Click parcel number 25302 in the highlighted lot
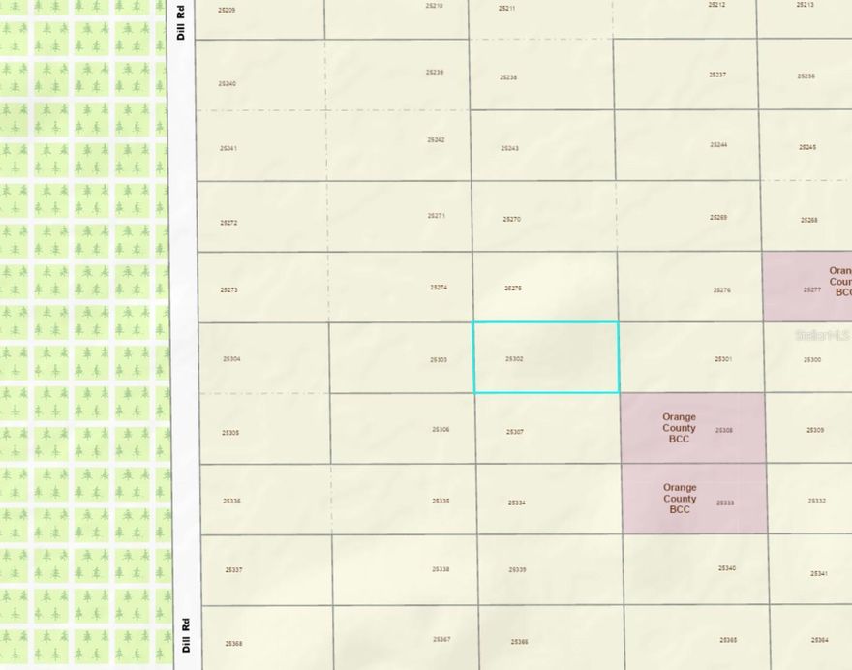(x=514, y=359)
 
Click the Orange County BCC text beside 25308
(x=679, y=428)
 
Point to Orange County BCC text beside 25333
(x=680, y=499)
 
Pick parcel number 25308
(x=724, y=430)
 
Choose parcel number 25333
(x=725, y=503)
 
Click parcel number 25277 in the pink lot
(x=811, y=289)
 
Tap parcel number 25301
(x=723, y=359)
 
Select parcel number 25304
(x=231, y=359)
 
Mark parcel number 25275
(x=513, y=288)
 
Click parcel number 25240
(x=228, y=84)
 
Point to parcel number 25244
(x=718, y=145)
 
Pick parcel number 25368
(x=233, y=644)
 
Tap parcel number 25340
(x=727, y=568)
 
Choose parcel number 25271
(x=437, y=216)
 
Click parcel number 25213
(x=805, y=5)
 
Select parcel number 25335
(x=441, y=502)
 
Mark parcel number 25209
(x=227, y=10)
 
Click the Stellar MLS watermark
(x=821, y=335)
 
